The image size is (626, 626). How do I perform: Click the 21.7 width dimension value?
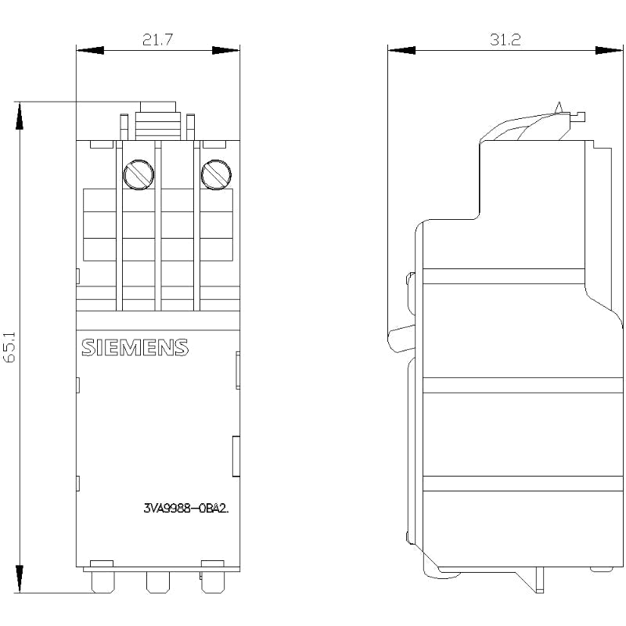pos(158,40)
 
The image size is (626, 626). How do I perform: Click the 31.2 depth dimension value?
pos(505,40)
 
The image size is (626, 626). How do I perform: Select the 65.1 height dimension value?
pos(9,347)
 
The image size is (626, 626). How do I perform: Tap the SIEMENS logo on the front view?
pos(135,347)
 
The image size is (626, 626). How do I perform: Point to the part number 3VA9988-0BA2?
pos(186,508)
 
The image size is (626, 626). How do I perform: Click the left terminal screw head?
pos(139,174)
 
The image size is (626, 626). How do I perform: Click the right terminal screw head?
pos(216,174)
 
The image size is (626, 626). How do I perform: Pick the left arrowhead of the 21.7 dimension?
pos(90,50)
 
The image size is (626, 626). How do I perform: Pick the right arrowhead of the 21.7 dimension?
pos(225,50)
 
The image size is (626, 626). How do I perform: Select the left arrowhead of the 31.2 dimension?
pos(401,50)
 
